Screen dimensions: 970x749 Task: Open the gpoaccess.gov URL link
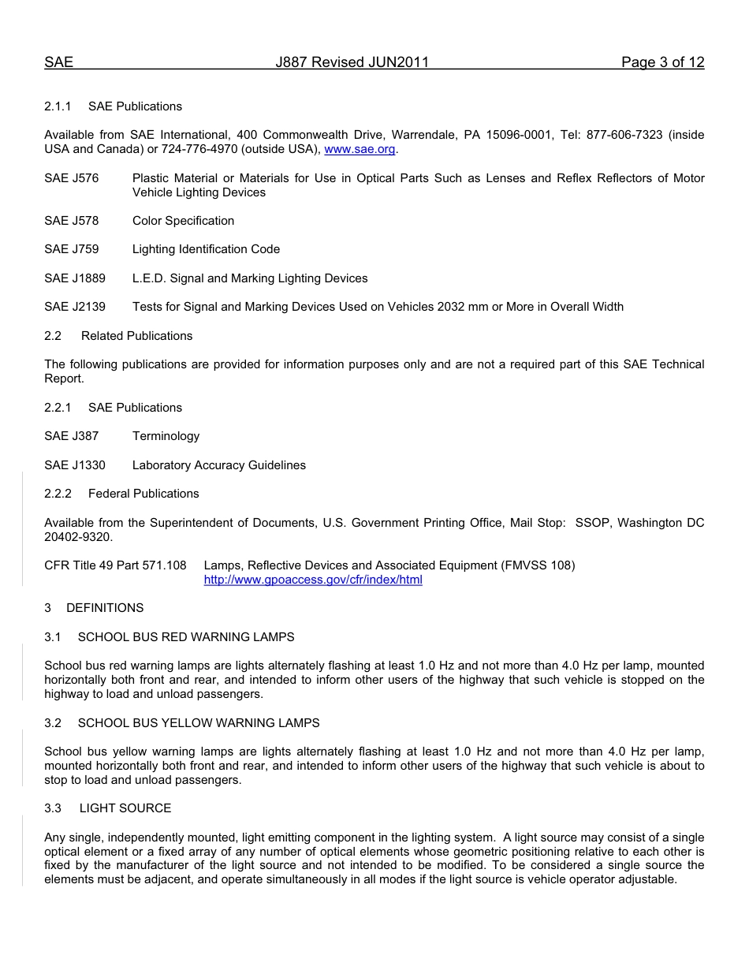[313, 580]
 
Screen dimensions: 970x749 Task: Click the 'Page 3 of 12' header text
[662, 63]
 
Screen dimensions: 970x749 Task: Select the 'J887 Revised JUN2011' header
[352, 63]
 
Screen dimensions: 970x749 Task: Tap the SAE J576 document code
[72, 178]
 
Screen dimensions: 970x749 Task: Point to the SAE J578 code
[72, 221]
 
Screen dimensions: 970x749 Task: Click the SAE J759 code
[72, 249]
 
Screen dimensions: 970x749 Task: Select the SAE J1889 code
[75, 278]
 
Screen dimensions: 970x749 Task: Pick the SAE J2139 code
[75, 307]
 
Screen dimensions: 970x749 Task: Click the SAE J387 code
[72, 436]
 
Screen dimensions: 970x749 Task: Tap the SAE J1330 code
[75, 465]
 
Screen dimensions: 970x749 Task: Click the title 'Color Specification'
[183, 221]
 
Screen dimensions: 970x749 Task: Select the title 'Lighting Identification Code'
[206, 249]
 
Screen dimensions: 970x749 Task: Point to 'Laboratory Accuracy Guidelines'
[218, 465]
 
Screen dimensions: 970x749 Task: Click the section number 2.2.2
[58, 494]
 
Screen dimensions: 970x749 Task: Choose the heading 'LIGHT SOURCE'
[125, 808]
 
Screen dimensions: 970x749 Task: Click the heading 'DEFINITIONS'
[105, 608]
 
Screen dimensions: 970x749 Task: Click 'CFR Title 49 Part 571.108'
[115, 565]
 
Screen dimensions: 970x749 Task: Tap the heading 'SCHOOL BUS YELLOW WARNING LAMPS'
[199, 723]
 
